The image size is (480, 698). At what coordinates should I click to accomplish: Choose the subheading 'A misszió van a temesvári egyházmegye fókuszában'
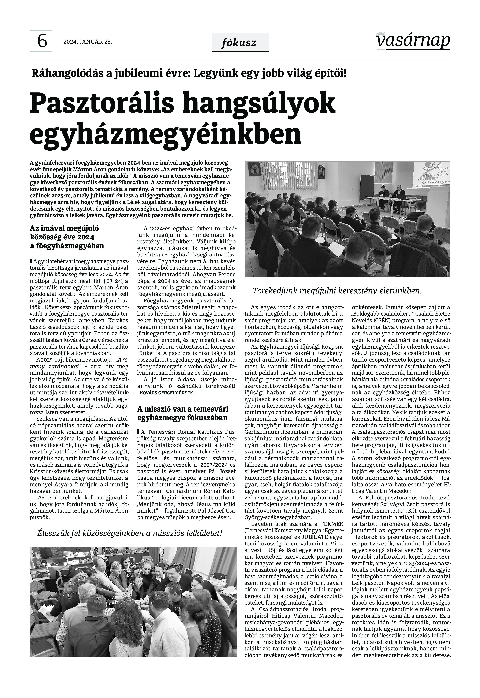coord(183,413)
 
